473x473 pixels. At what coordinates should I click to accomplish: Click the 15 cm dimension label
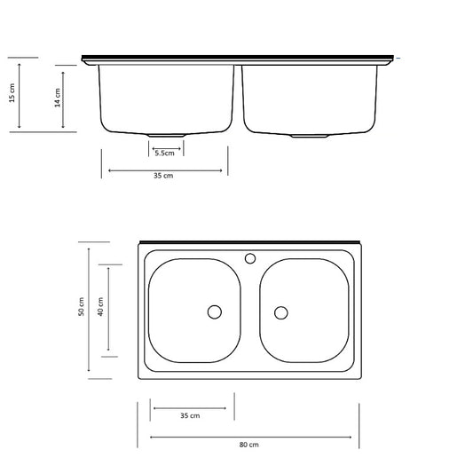point(12,93)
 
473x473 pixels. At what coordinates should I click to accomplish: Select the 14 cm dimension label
point(58,98)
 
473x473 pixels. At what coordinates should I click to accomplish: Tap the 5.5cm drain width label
point(165,154)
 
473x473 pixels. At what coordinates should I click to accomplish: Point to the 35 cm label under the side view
point(163,176)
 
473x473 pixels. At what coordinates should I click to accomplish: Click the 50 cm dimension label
point(81,307)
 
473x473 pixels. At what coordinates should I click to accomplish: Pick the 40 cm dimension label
point(100,307)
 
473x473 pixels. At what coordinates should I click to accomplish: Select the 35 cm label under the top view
point(190,415)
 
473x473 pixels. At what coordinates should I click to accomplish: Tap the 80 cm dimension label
point(248,445)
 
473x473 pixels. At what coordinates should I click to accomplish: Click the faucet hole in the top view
point(250,258)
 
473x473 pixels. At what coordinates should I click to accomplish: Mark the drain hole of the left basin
point(215,311)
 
